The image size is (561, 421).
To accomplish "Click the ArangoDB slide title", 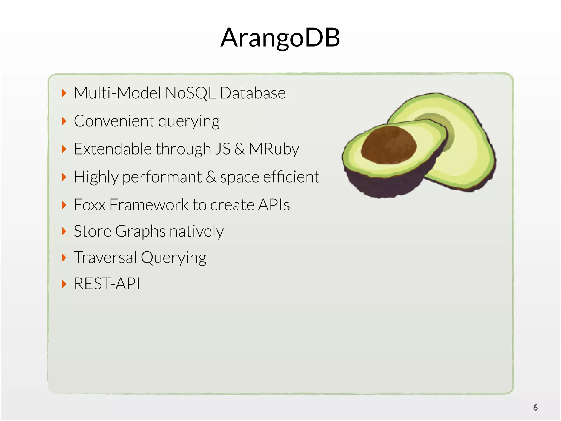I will click(280, 38).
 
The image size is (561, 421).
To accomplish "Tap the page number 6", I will click(535, 408).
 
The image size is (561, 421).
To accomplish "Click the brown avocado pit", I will click(389, 145).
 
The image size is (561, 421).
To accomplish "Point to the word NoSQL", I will click(190, 93).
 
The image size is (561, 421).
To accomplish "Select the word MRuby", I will click(274, 149).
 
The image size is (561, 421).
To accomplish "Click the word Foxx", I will click(90, 205).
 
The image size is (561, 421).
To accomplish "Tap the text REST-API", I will click(107, 283).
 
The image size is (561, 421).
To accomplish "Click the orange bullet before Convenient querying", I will click(64, 121).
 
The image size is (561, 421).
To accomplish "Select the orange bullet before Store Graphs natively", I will click(64, 231).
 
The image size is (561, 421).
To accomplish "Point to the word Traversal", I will click(105, 257).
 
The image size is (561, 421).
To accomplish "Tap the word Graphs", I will click(140, 231).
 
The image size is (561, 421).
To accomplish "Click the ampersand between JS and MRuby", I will click(239, 149).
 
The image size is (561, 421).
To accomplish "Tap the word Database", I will click(253, 93).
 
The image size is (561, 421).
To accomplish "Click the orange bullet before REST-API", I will click(64, 284).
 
